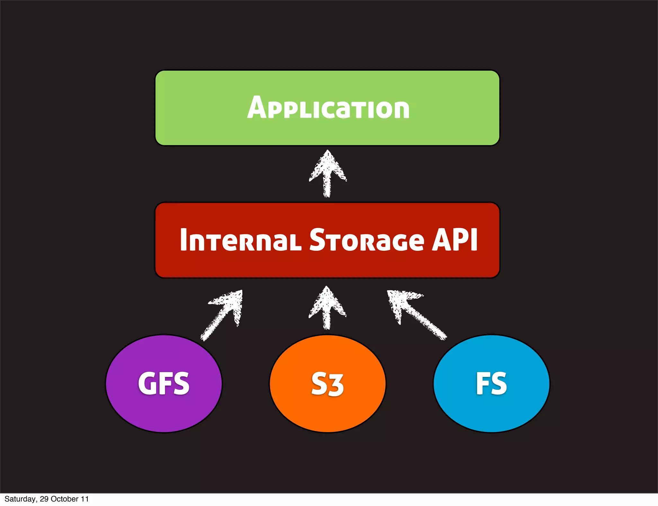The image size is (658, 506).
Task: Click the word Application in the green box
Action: point(328,108)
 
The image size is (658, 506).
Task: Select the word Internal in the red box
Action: point(240,240)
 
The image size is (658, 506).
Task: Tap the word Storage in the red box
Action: point(367,240)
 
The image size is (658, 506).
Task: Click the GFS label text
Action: point(164,383)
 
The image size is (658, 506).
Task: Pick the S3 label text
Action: point(328,384)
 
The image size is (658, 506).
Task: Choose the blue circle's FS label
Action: point(491,383)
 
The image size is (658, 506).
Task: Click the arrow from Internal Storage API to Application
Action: point(327,173)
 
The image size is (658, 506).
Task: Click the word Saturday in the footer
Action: point(20,499)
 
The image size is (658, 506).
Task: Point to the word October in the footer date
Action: point(65,499)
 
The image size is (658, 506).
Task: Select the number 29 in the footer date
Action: point(44,499)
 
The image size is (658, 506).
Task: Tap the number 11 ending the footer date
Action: point(84,499)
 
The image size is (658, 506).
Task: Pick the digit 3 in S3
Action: point(336,385)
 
